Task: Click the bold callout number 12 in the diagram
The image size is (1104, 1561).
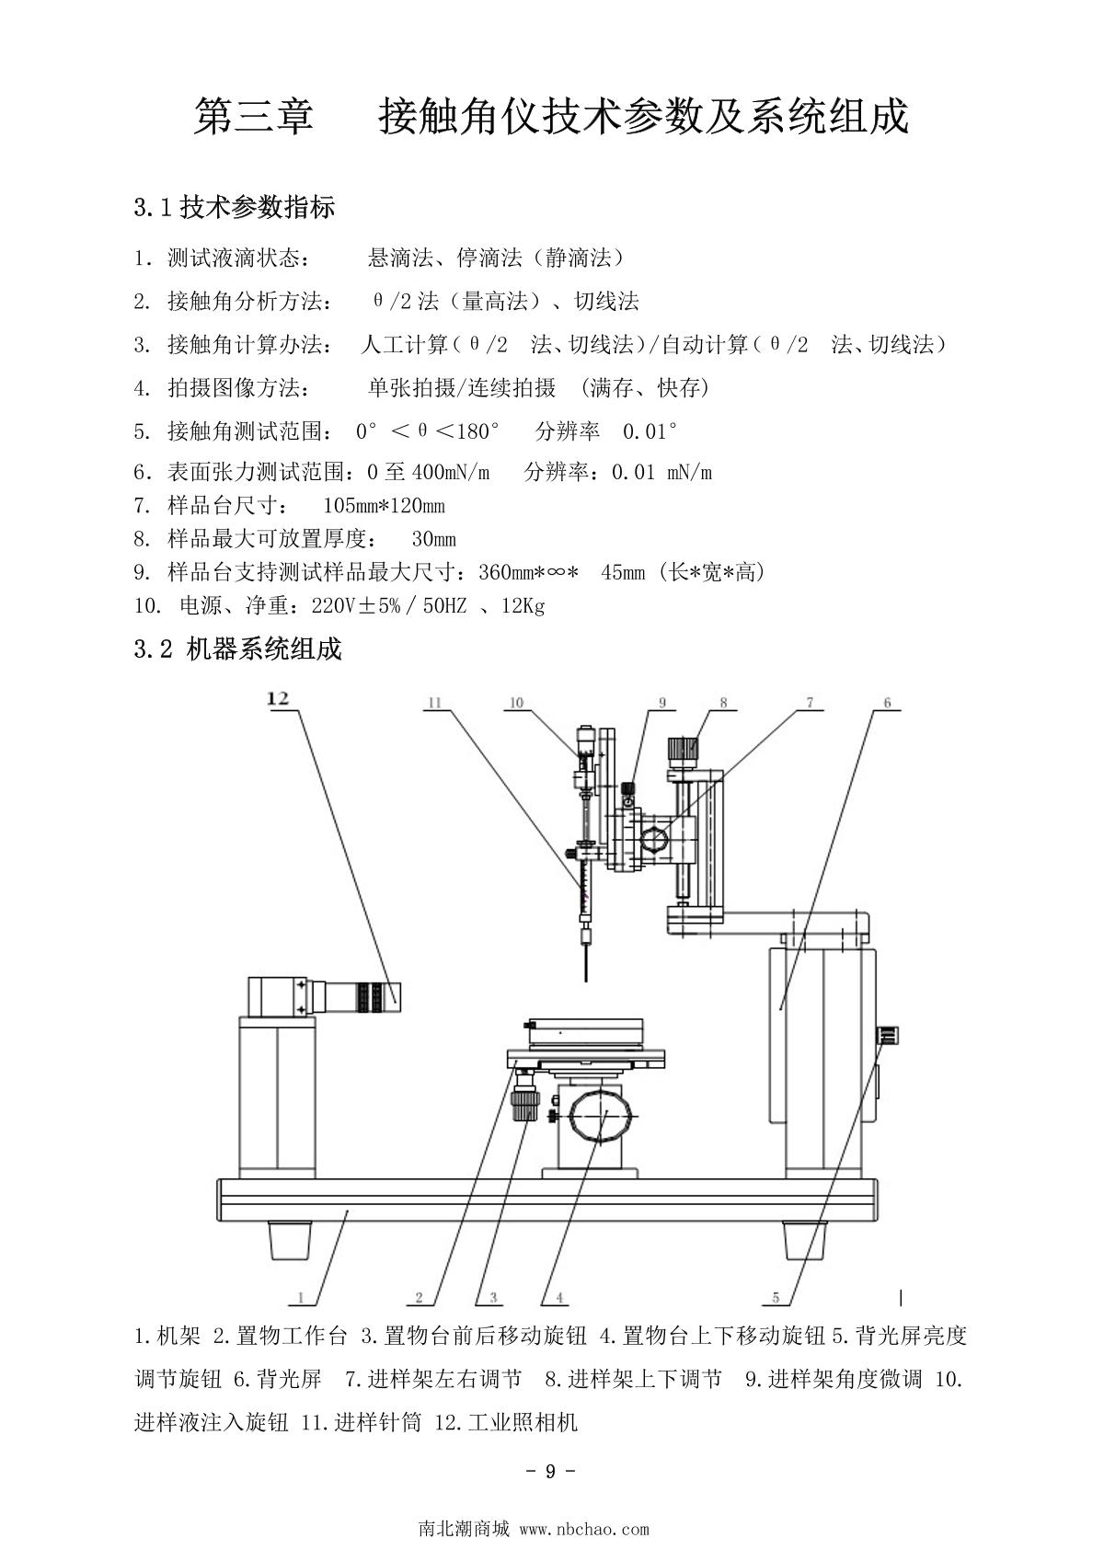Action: (278, 698)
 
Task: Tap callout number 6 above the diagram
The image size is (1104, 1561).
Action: (887, 703)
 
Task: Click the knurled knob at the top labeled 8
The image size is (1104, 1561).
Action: (683, 751)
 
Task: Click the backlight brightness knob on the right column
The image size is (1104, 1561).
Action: (887, 1036)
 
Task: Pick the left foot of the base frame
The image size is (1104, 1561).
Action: (290, 1240)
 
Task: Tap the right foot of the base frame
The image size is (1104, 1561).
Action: (804, 1240)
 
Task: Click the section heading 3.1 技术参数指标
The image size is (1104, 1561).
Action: (235, 207)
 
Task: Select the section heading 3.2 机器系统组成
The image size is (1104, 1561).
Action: (237, 649)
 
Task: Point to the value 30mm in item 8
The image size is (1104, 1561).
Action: (433, 539)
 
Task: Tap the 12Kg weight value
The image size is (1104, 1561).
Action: (523, 605)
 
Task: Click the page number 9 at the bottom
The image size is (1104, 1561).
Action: (550, 1471)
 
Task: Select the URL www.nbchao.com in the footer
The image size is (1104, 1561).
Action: (584, 1530)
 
